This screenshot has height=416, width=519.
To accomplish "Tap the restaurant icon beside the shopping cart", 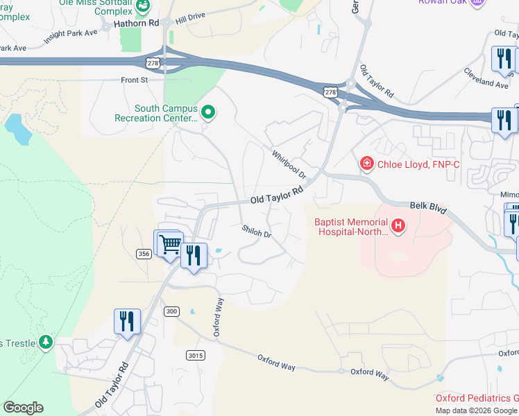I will click(194, 255).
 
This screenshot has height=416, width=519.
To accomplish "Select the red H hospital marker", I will click(398, 225).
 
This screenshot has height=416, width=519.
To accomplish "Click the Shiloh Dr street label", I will click(256, 231).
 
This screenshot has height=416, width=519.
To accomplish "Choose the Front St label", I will click(135, 80).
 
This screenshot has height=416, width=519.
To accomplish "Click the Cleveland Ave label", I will click(486, 78).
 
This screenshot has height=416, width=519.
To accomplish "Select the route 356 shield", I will click(144, 254).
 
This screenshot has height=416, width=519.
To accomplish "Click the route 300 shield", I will click(171, 312).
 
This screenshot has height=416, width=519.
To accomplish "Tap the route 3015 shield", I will click(196, 355).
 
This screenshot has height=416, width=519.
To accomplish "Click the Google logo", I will click(23, 408).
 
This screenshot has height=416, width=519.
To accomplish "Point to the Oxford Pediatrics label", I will click(477, 398).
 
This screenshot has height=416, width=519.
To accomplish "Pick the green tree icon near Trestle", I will click(45, 342).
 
